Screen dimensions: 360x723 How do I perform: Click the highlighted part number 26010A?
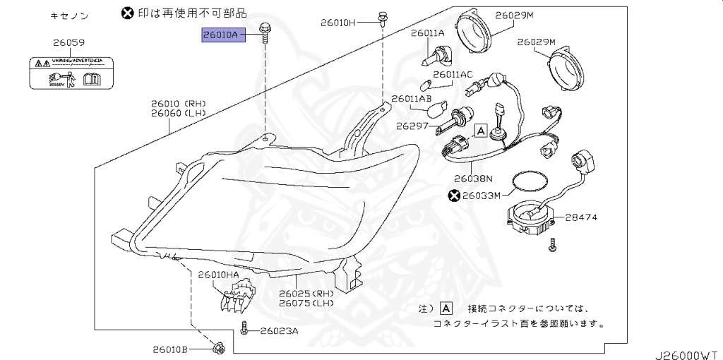tap(222, 33)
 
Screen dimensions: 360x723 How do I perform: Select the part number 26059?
tap(68, 42)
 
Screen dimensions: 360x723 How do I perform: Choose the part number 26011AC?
tap(453, 73)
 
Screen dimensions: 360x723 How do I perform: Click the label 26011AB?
tap(410, 98)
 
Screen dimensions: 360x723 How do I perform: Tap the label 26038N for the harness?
tap(472, 179)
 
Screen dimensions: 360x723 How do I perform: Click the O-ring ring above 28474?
tap(528, 181)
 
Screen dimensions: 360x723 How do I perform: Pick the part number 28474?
tap(581, 217)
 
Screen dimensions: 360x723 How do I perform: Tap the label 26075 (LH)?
tap(306, 303)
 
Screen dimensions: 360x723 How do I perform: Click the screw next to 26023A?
tap(244, 328)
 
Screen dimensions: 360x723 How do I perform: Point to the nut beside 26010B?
tap(218, 347)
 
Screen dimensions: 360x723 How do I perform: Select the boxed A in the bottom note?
tap(446, 308)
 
